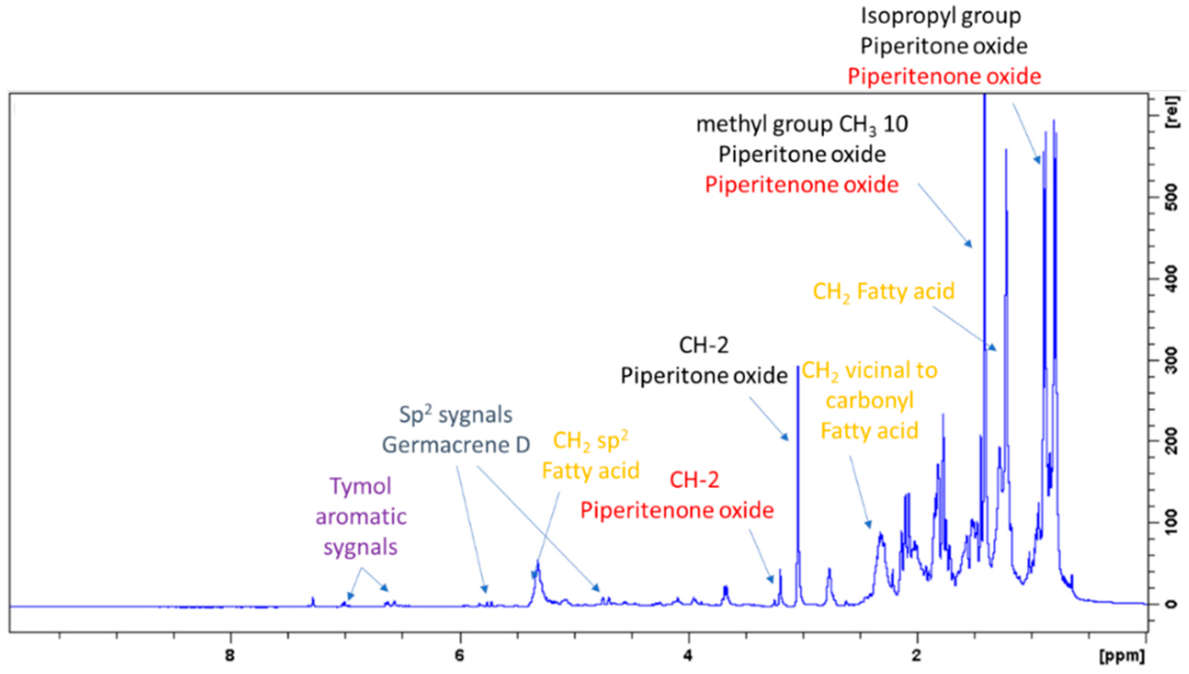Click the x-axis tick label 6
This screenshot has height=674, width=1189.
click(459, 655)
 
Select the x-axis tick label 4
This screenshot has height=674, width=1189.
click(688, 655)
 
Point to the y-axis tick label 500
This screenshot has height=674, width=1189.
click(1173, 197)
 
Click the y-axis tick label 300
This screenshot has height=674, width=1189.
click(1173, 360)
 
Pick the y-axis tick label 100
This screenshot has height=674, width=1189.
click(1173, 522)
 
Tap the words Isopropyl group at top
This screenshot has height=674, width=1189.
click(940, 16)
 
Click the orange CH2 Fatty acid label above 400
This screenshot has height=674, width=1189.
click(884, 292)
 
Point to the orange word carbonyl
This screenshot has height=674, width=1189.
click(869, 401)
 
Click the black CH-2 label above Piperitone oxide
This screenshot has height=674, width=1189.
click(703, 345)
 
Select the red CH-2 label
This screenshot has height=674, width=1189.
click(694, 480)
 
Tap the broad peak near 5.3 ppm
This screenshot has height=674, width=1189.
click(537, 579)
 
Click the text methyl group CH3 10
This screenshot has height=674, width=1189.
click(802, 125)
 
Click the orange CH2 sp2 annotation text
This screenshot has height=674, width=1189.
click(591, 441)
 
